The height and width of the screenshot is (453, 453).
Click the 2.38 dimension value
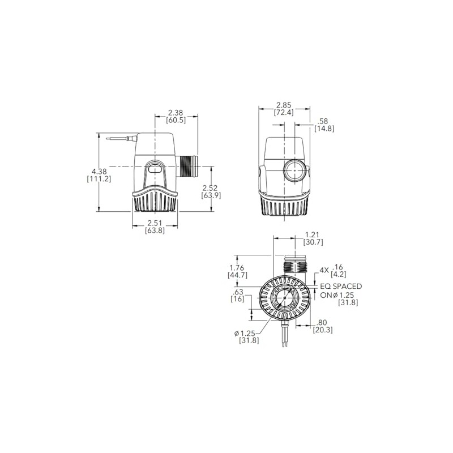pyautogui.click(x=176, y=112)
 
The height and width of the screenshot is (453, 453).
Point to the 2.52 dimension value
pyautogui.click(x=211, y=187)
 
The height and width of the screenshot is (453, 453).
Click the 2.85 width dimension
pyautogui.click(x=284, y=105)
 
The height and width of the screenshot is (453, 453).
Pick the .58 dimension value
pyautogui.click(x=324, y=121)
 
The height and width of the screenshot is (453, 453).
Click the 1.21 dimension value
pyautogui.click(x=314, y=234)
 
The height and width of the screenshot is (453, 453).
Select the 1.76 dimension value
pyautogui.click(x=237, y=268)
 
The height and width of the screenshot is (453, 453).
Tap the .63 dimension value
pyautogui.click(x=238, y=293)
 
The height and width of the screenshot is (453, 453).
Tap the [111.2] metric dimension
pyautogui.click(x=99, y=179)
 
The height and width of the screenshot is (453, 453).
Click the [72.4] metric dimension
pyautogui.click(x=284, y=113)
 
